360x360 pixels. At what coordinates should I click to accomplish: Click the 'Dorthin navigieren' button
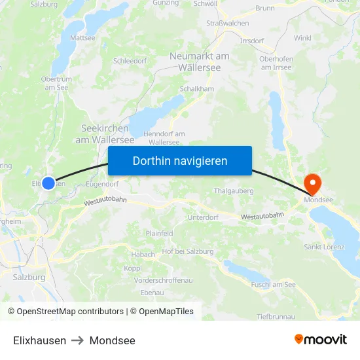click(x=180, y=160)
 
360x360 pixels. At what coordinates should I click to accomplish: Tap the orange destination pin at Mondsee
click(x=312, y=184)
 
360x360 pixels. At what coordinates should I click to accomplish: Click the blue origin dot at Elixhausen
click(x=48, y=183)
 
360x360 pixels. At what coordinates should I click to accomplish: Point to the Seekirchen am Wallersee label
click(x=105, y=134)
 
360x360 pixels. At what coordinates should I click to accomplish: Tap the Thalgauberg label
click(x=234, y=191)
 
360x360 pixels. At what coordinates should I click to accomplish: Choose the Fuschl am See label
click(x=273, y=285)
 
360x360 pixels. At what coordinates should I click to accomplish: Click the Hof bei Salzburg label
click(x=188, y=251)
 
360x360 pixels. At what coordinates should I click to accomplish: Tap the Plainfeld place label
click(x=160, y=233)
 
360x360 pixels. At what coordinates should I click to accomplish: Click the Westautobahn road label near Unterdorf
click(x=262, y=215)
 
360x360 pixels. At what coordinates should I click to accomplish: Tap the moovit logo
click(x=321, y=340)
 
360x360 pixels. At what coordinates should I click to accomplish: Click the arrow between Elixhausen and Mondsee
click(x=78, y=340)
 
